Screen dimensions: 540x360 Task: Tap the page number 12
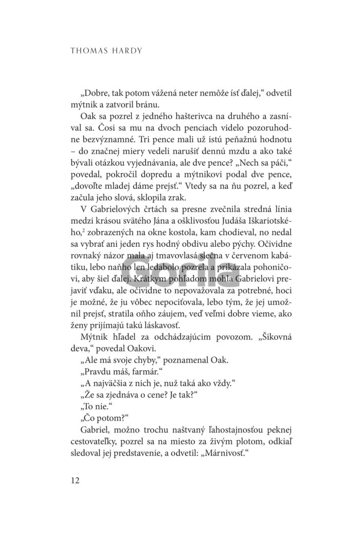pos(72,480)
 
